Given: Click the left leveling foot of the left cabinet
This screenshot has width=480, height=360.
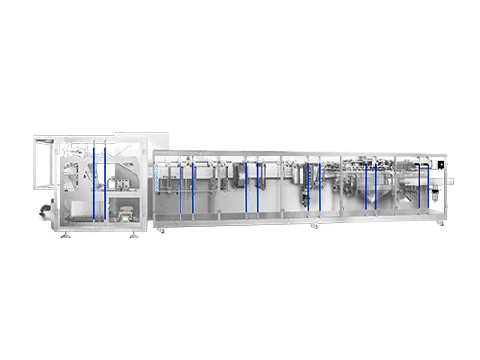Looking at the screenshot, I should coord(64,235).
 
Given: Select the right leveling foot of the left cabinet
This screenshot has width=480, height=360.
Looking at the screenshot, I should coord(133,235).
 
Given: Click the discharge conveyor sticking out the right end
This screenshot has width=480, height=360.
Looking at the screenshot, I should coord(444,179).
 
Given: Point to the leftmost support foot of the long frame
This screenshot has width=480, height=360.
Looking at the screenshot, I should coord(161,229).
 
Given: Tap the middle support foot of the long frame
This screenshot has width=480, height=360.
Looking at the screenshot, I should coord(313,227).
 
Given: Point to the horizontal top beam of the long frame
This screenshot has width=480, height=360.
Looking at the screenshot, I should coord(298,153).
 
